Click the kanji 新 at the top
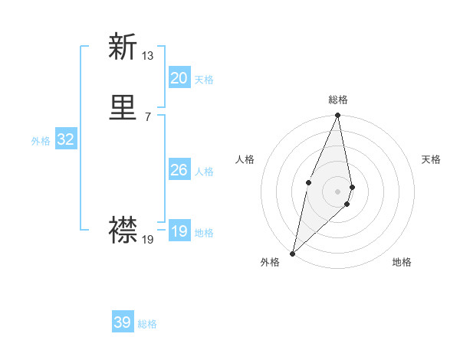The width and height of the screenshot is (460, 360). (123, 47)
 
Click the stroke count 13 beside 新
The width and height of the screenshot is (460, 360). (148, 55)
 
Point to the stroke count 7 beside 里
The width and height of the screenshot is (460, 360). (147, 116)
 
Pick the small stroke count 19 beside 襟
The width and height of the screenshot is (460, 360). (148, 240)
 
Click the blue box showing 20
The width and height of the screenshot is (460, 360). (179, 78)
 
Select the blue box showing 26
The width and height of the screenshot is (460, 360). (179, 170)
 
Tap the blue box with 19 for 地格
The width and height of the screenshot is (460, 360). (179, 231)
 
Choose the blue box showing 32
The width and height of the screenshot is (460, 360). (66, 139)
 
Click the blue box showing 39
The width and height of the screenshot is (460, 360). (123, 322)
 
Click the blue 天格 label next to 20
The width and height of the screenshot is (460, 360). (204, 80)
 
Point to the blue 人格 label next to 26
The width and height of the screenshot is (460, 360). (204, 172)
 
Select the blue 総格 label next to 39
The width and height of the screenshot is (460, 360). (147, 324)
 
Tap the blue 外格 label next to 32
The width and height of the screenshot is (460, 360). (41, 141)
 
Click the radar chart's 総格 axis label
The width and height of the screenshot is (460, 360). (338, 100)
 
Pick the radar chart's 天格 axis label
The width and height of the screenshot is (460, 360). (431, 159)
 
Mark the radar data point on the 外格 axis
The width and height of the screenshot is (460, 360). (293, 253)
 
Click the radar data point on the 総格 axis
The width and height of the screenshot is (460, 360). (338, 116)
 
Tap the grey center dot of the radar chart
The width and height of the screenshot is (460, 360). (338, 191)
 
